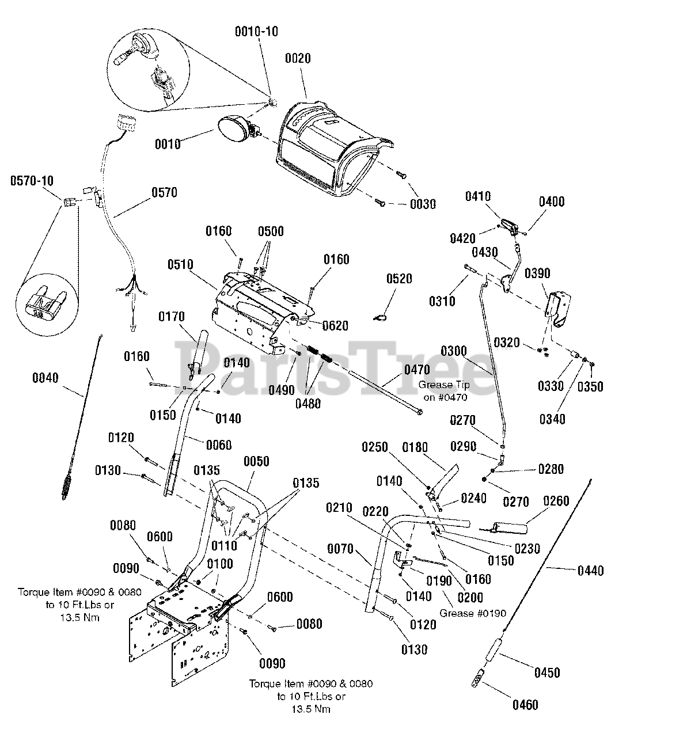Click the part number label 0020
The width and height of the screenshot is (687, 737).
click(297, 58)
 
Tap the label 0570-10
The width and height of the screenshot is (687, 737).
click(32, 181)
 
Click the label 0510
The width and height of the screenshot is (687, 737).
click(180, 265)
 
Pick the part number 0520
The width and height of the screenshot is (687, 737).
click(399, 279)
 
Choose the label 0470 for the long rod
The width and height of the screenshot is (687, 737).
click(417, 370)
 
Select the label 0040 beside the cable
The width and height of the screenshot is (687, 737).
click(45, 378)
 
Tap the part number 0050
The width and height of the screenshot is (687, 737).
click(256, 461)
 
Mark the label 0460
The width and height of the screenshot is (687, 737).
click(525, 705)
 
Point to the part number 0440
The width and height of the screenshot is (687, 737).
click(590, 571)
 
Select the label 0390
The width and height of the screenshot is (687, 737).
click(537, 273)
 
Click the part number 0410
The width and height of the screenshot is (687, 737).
click(477, 196)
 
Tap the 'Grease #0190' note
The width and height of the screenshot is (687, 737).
click(472, 613)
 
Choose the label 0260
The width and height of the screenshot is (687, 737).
click(556, 501)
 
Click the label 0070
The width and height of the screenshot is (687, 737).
click(340, 549)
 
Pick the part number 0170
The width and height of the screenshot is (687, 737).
click(171, 317)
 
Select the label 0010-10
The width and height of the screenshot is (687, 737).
click(256, 32)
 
